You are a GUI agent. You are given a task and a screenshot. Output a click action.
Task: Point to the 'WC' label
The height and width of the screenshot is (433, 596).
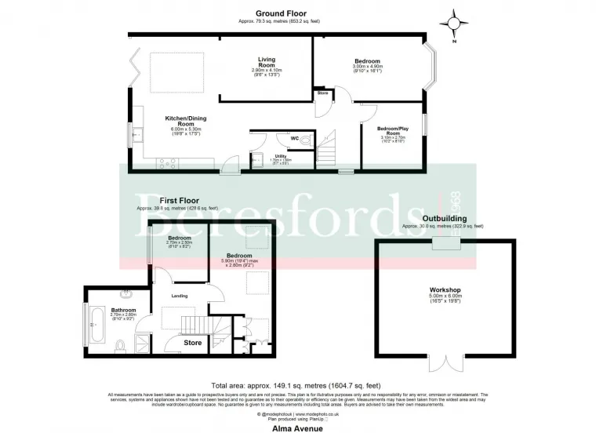point(295,139)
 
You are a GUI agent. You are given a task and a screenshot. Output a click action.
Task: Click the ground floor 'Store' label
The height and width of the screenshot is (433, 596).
point(322,94)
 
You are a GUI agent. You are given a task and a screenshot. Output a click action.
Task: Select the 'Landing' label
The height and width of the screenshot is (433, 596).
point(179,295)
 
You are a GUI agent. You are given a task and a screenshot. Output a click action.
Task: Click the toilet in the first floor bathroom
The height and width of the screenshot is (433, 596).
point(118,345)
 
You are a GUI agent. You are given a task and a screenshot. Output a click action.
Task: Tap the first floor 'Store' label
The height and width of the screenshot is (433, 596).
point(192,342)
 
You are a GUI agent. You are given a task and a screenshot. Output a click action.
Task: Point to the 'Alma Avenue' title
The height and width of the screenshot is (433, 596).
point(297,429)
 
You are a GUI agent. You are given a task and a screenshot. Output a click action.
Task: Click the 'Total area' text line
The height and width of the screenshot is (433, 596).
point(297,385)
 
